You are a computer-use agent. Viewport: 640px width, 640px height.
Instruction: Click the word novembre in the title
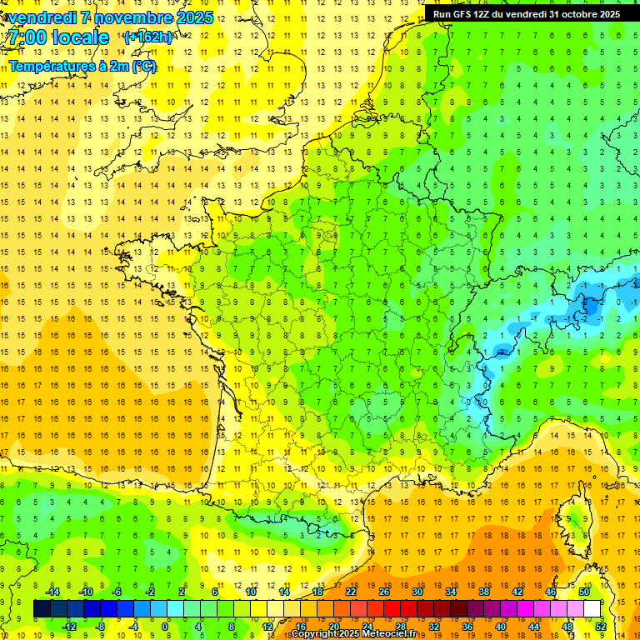pos(128,17)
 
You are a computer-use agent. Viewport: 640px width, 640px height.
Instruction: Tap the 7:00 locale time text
pos(57,37)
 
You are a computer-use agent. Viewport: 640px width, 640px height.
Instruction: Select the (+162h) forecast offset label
pos(147,37)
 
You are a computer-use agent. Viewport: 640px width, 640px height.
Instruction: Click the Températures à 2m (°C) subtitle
pos(82,66)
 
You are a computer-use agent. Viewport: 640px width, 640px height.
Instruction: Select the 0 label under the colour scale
pos(165,626)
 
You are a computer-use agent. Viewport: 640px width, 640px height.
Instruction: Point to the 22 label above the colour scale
pos(351,592)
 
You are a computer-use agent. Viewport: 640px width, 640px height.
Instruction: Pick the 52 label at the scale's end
pos(600,626)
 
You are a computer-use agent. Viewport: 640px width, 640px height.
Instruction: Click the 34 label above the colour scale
pos(451,592)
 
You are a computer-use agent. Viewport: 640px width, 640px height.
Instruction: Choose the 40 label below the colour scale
pos(500,626)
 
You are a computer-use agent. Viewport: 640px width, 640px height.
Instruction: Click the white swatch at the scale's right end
pos(592,609)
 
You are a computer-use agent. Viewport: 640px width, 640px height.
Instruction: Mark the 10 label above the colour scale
pos(251,592)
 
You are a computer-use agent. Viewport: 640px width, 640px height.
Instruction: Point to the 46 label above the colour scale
pos(551,592)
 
